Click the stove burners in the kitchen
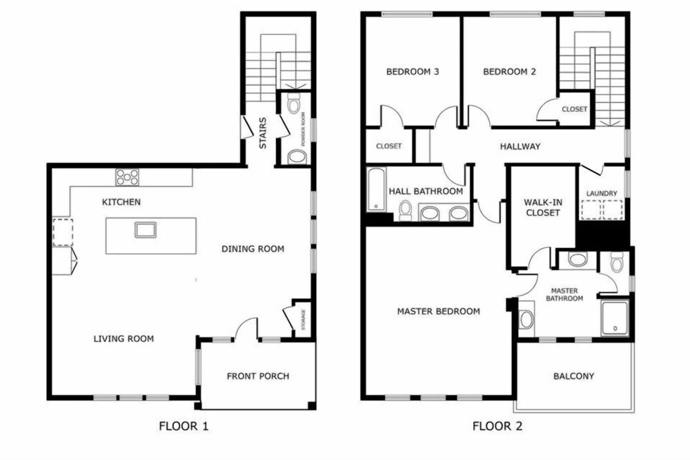[127, 177]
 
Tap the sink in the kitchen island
[146, 229]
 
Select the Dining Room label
[253, 249]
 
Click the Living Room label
[124, 339]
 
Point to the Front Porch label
[258, 376]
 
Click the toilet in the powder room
[293, 103]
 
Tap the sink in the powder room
[297, 157]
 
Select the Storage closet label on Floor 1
[303, 319]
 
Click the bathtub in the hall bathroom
[376, 189]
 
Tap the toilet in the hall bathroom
[405, 210]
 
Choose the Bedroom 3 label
[413, 71]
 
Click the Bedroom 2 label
[510, 71]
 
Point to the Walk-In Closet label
[542, 207]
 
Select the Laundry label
[602, 193]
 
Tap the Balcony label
[573, 376]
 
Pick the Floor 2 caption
[497, 426]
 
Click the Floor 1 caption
[184, 426]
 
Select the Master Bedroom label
[438, 312]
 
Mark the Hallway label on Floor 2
[520, 146]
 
